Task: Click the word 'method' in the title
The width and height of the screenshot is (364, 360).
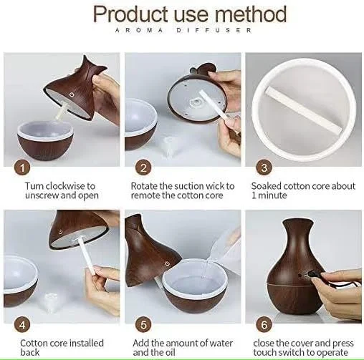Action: point(251,14)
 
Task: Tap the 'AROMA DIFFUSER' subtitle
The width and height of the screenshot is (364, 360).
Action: point(183,30)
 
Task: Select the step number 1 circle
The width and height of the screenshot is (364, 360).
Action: point(22,167)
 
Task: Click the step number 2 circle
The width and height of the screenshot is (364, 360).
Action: point(143,167)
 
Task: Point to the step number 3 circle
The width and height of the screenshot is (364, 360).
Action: point(264,167)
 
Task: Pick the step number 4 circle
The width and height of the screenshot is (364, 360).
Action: point(22,325)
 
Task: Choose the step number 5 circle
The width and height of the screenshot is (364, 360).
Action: point(143,325)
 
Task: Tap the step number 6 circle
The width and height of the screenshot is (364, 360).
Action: point(264,325)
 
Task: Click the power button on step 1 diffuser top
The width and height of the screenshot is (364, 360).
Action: point(72,95)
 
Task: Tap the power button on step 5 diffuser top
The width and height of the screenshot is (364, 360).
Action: point(167,263)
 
